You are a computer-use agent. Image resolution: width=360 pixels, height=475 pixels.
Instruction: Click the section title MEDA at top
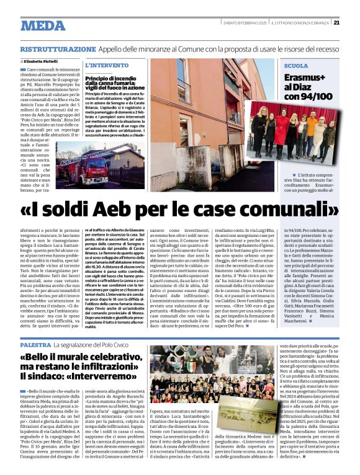coord(43,26)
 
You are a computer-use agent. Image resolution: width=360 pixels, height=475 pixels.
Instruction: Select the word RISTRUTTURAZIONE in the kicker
coord(58,49)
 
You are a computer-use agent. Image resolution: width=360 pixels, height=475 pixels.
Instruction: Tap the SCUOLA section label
coord(296,65)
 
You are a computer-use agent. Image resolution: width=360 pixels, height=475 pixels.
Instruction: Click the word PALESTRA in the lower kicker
coord(35,344)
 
